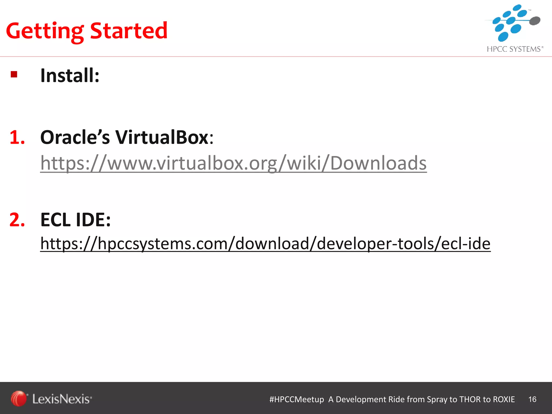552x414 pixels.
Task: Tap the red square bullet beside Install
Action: (x=14, y=74)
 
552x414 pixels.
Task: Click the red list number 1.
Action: (x=17, y=137)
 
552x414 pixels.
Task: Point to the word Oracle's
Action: (x=75, y=137)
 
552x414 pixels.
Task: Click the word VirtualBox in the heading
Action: (x=162, y=137)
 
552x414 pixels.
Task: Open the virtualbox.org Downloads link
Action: (x=233, y=163)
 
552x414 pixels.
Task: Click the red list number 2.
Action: (x=17, y=220)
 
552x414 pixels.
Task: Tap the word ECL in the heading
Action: (x=56, y=220)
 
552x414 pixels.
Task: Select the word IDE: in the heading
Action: (x=93, y=220)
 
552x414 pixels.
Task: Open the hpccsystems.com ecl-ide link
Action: (x=265, y=243)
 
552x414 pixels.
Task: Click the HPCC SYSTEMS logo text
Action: (x=515, y=49)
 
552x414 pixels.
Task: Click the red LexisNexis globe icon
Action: (x=19, y=398)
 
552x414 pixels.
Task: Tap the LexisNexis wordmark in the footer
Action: (x=62, y=399)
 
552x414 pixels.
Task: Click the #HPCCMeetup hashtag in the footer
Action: (x=296, y=399)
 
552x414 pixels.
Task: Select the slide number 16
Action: (x=532, y=399)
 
